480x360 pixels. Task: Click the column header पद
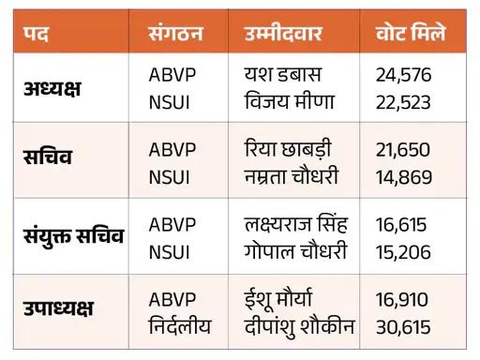click(36, 33)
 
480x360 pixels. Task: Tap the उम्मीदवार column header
click(283, 33)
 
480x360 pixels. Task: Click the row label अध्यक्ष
click(52, 88)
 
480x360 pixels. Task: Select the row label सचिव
click(48, 156)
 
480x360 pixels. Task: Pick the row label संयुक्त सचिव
click(74, 235)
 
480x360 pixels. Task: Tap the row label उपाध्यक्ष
click(58, 308)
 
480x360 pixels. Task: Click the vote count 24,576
click(403, 75)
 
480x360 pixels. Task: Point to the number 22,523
click(403, 103)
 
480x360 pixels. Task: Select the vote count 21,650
click(403, 150)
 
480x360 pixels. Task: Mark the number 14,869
click(404, 177)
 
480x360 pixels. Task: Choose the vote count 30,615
click(403, 327)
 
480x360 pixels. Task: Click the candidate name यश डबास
click(283, 75)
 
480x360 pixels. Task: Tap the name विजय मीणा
click(290, 101)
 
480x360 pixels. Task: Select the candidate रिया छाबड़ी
click(288, 148)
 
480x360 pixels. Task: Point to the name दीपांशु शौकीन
click(299, 327)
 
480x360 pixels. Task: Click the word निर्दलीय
click(180, 325)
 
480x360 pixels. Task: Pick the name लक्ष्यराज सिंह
click(295, 223)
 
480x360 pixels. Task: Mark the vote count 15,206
click(403, 252)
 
